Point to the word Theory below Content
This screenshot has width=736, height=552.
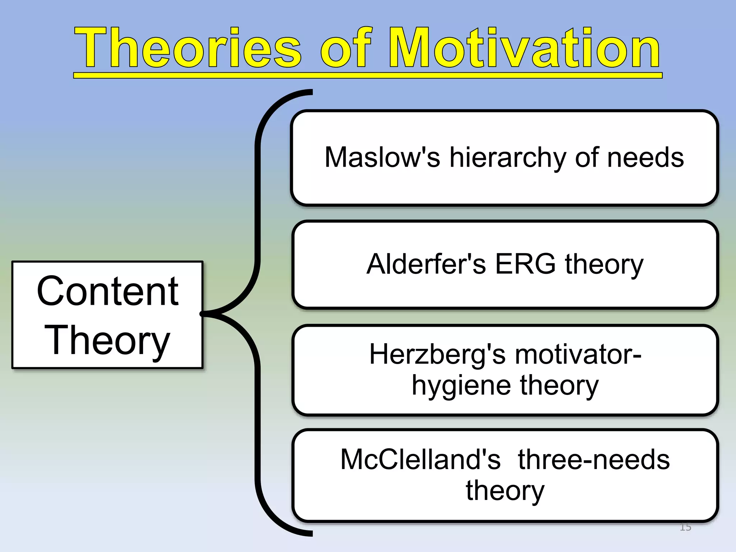click(x=107, y=340)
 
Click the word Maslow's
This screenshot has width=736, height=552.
click(x=382, y=158)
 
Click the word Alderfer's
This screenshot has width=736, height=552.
click(x=426, y=264)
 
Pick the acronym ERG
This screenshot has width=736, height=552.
click(x=525, y=264)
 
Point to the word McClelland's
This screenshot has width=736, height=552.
click(x=420, y=460)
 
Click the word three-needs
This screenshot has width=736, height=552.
click(x=594, y=460)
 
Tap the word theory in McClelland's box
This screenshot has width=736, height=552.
click(x=505, y=491)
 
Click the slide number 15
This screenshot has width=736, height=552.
click(x=685, y=527)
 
